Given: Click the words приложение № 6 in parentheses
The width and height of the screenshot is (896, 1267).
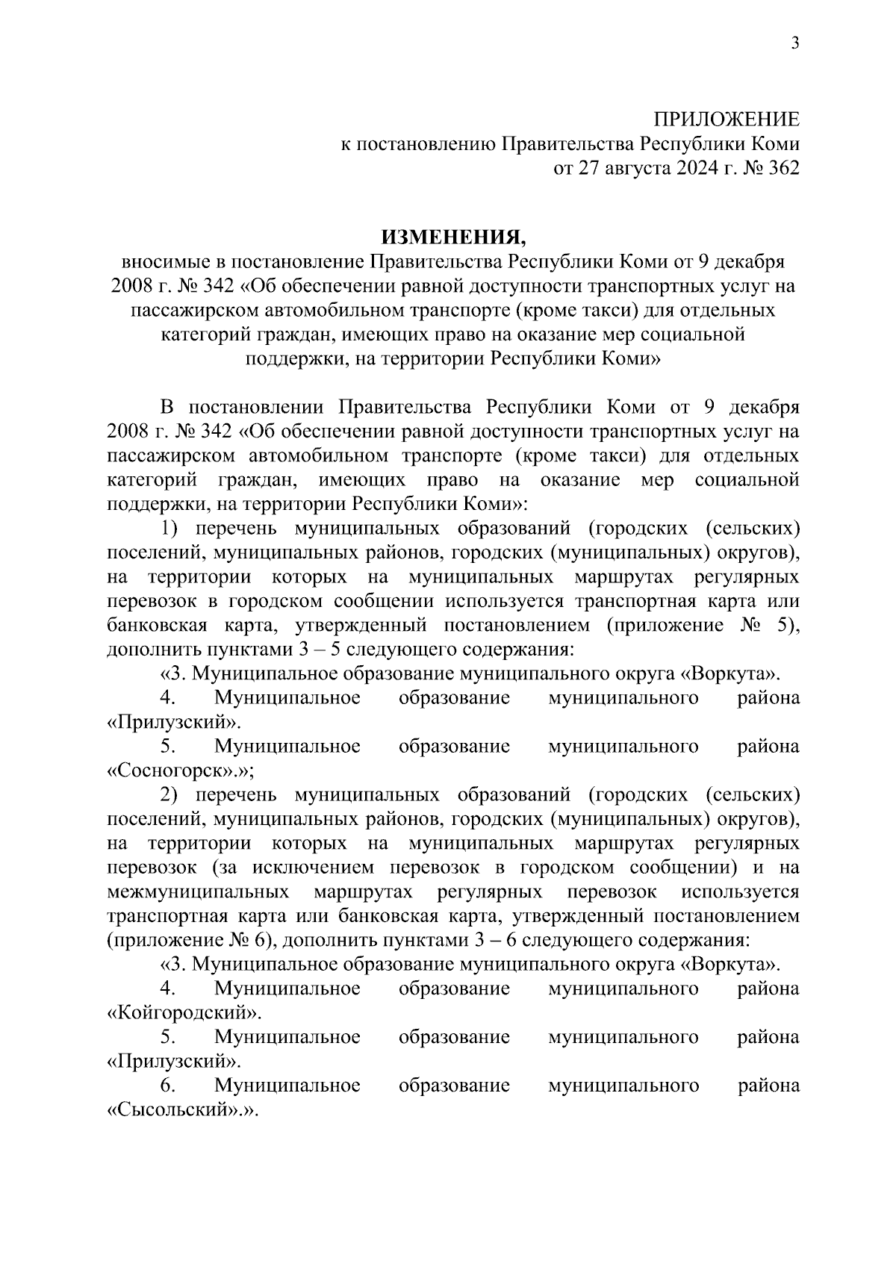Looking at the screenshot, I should click(x=192, y=940).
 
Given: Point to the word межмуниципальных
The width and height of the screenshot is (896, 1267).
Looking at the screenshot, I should click(x=199, y=891).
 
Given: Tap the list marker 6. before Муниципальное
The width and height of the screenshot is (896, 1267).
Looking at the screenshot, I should click(x=167, y=1085).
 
